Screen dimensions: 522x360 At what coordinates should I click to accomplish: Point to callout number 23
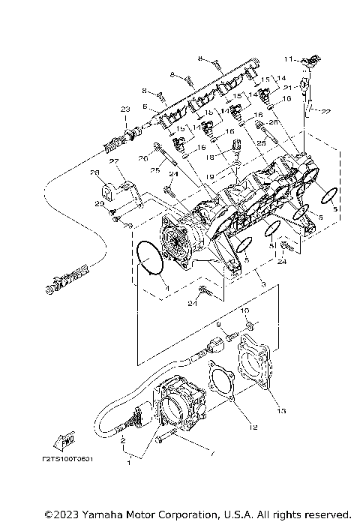click(x=124, y=109)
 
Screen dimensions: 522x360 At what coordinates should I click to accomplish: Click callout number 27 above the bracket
click(x=115, y=160)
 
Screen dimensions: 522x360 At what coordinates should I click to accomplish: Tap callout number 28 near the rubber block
click(x=95, y=173)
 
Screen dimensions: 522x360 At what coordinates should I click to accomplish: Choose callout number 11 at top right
click(x=288, y=58)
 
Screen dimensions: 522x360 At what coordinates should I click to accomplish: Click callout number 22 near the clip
click(x=325, y=112)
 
